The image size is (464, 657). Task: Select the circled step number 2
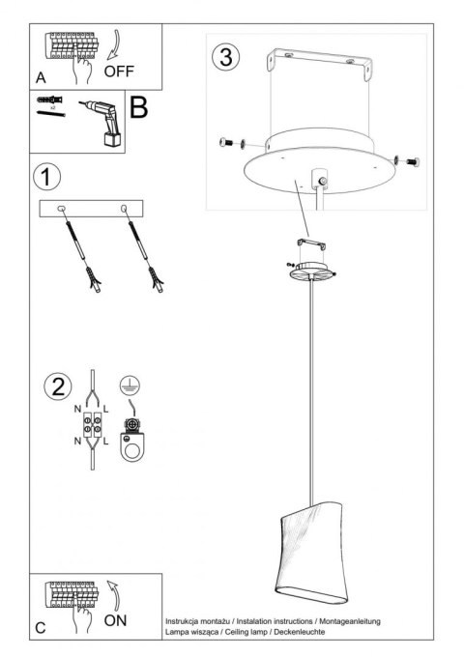point(57,388)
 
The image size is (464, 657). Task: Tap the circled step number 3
point(225,57)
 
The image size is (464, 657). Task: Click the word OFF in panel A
point(120,71)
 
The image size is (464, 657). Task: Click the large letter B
point(138,106)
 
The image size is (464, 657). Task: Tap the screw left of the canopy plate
point(229,144)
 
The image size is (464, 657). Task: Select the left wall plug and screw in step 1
point(80,247)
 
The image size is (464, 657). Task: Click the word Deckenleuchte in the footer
point(294,631)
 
